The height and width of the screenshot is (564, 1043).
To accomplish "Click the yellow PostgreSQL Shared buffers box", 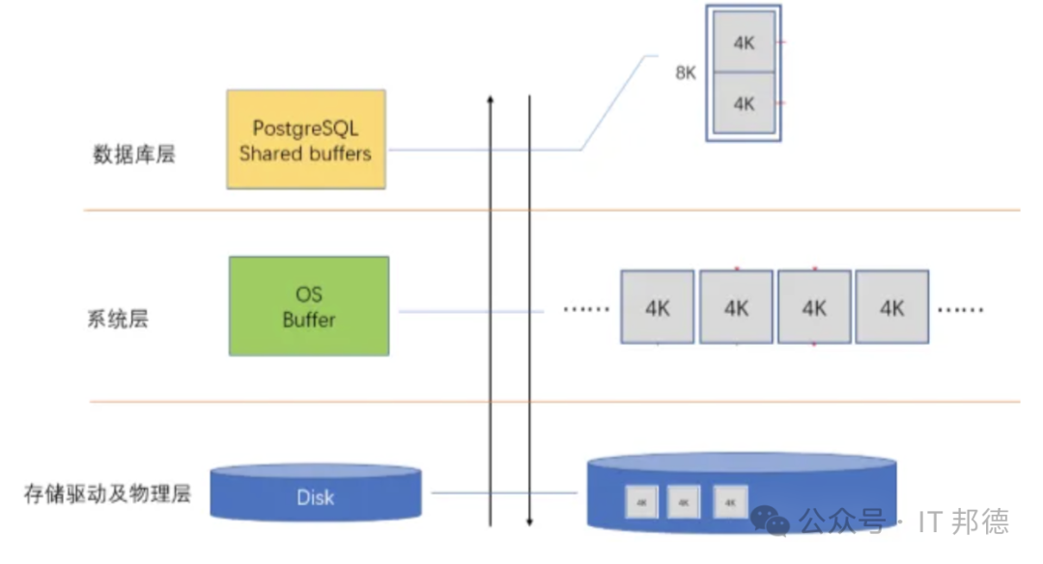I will [305, 139].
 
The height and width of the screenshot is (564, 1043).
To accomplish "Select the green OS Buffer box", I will [309, 305].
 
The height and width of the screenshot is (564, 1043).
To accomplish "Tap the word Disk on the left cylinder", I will [315, 497].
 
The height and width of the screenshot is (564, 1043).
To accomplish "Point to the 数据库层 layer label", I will [133, 155].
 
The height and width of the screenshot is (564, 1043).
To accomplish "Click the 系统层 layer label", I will [118, 320].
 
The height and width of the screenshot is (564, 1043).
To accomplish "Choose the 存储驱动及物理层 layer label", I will [107, 494].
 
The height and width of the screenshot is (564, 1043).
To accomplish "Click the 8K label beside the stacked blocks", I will [685, 72].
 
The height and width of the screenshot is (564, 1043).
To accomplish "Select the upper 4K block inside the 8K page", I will [744, 42].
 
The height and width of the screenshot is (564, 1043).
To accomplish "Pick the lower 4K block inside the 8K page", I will [744, 103].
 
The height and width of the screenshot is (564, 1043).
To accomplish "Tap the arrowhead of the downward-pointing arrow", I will [529, 522].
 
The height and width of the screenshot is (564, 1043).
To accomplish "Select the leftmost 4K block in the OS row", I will [657, 307].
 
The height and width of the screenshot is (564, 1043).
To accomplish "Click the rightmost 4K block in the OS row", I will [892, 307].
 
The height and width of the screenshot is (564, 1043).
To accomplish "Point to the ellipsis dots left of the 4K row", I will [586, 310].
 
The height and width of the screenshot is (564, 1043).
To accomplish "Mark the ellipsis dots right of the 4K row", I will [961, 310].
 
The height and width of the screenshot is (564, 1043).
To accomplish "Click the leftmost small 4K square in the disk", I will [641, 502].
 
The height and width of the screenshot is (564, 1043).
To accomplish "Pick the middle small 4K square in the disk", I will [683, 502].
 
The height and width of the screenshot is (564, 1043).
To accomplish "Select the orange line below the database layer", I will [550, 210].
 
